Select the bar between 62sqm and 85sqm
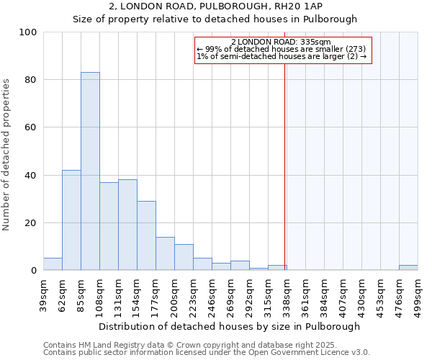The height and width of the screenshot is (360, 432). (71, 220)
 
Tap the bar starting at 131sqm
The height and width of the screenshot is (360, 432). (127, 225)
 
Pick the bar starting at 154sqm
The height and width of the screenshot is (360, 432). (146, 235)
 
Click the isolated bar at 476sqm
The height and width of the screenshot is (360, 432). (408, 268)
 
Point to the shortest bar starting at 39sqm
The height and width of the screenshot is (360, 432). (53, 264)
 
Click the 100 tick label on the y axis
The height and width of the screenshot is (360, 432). (28, 32)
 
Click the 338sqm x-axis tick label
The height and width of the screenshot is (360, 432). (287, 294)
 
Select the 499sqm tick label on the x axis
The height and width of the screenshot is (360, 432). (418, 294)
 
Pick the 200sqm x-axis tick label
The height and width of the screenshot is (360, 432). (174, 294)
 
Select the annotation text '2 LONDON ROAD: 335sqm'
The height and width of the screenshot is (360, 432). (282, 42)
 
